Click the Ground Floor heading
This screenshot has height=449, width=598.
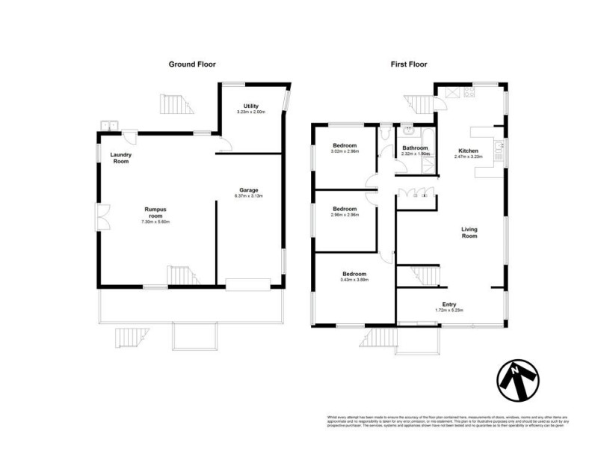[x=192, y=64]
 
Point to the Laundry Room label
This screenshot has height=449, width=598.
[x=120, y=158]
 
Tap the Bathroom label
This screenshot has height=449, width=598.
[x=415, y=148]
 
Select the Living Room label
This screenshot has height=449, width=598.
[x=469, y=233]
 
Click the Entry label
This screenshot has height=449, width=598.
[x=449, y=305]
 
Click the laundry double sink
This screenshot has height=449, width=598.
[x=108, y=126]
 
